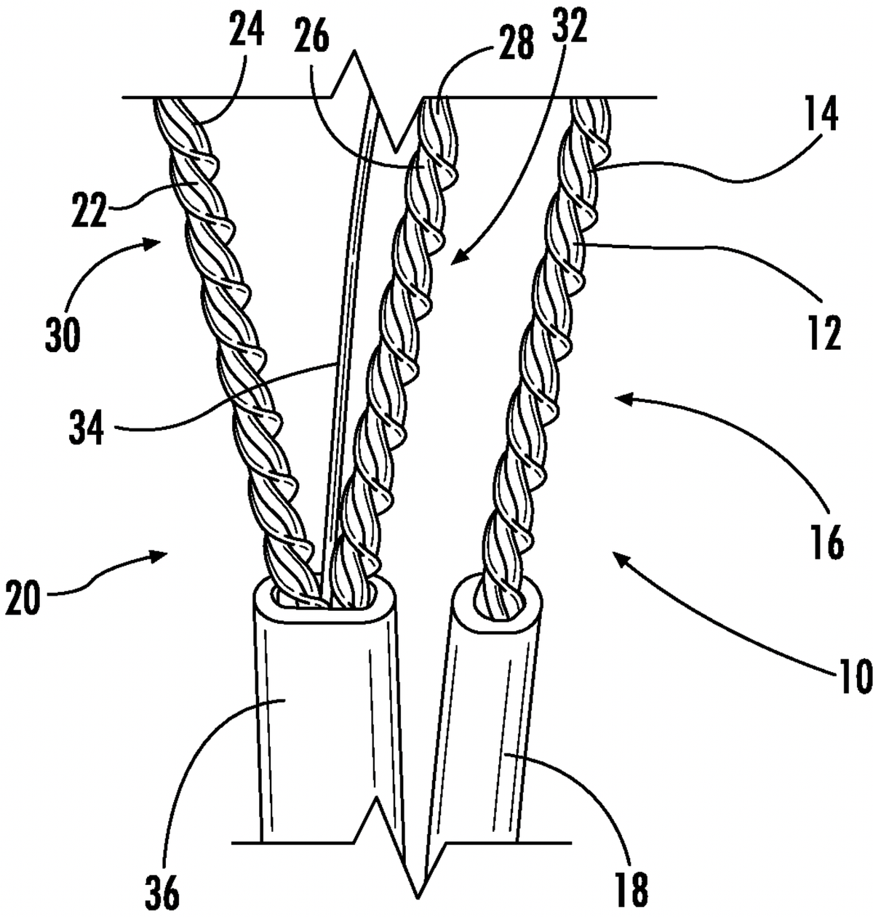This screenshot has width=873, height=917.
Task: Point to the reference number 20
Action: point(24,601)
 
